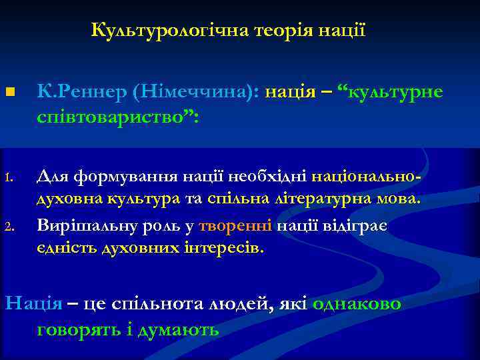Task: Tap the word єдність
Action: [65, 249]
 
